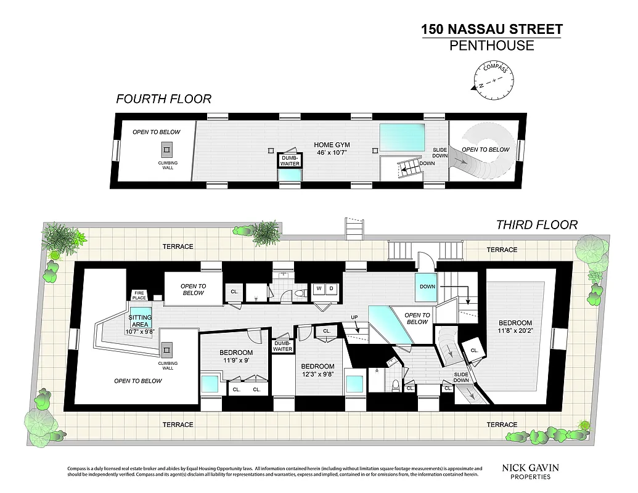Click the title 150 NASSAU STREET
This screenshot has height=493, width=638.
[x=491, y=29]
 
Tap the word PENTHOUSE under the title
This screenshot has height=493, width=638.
[x=491, y=46]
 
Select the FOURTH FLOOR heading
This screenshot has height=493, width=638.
[x=164, y=99]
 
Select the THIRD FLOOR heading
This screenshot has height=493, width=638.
[x=537, y=225]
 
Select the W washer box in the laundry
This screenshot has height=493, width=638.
[x=319, y=288]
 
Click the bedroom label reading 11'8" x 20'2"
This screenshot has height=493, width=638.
[x=515, y=327]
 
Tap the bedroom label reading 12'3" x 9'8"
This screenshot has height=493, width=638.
[x=318, y=370]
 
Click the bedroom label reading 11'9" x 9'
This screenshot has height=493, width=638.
[x=235, y=356]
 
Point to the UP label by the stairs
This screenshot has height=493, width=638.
[x=354, y=318]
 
